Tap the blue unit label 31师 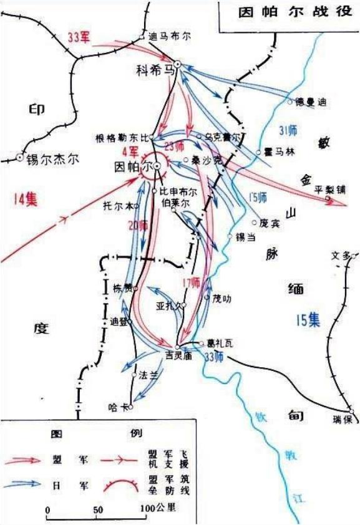pyautogui.click(x=288, y=130)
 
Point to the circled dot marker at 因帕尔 pyautogui.click(x=158, y=166)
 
